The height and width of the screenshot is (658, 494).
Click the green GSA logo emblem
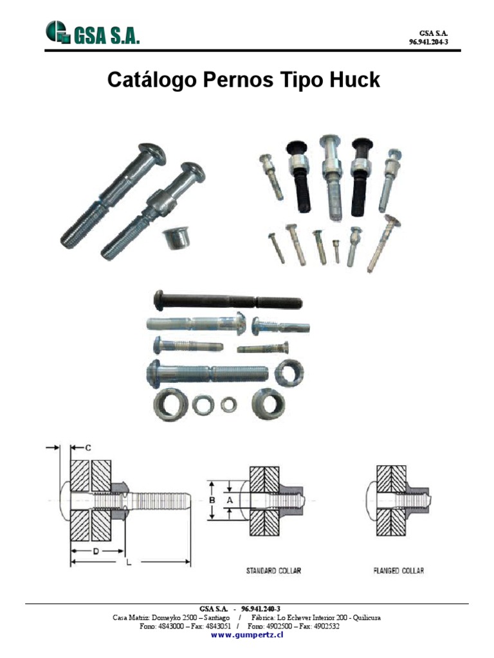pos(57,32)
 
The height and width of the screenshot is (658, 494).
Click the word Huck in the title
pos(354,79)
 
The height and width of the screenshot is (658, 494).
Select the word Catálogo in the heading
pos(152,80)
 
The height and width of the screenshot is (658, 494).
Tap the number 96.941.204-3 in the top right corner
pos(428,42)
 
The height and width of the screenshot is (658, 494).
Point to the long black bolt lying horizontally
pos(228,301)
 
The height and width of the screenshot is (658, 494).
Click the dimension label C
pos(87,448)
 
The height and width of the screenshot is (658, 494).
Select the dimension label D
pos(96,551)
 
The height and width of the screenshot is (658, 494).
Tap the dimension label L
pos(129,562)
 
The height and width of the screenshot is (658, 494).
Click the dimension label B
pos(212,500)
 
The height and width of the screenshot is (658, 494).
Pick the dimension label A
pos(230,500)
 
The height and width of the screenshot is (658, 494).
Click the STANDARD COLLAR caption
pos(273,571)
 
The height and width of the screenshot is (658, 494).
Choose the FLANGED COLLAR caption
pos(399,571)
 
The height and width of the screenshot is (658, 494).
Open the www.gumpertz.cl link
pos(247,634)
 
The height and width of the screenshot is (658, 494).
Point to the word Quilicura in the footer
pos(367,618)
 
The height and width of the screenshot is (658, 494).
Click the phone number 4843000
pos(170,626)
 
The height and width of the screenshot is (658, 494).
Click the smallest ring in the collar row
pos(228,405)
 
